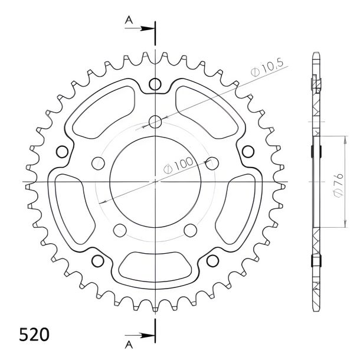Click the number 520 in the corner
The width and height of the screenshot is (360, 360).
coord(34,335)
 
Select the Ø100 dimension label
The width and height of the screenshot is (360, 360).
coord(178,165)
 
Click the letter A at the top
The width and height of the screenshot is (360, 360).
coord(129,20)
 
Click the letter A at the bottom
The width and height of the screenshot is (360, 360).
coord(129,345)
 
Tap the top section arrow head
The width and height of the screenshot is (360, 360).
coord(148,28)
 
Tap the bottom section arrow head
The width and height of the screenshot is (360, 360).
coord(148,335)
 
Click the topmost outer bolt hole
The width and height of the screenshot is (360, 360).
coord(155,84)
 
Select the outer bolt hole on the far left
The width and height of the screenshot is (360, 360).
coord(62,152)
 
